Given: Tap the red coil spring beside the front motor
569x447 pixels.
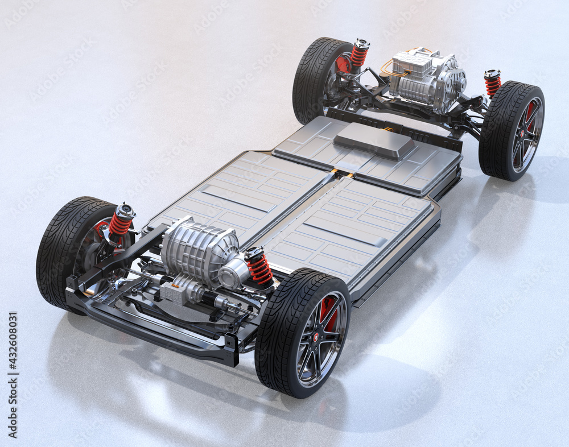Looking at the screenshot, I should click(259, 267).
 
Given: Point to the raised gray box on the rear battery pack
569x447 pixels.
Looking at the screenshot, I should click(374, 139).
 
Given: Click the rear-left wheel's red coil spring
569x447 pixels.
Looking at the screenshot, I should click(358, 55).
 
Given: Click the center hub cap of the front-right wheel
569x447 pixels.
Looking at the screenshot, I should click(316, 338).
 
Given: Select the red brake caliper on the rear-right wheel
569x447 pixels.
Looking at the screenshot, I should click(530, 114).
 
